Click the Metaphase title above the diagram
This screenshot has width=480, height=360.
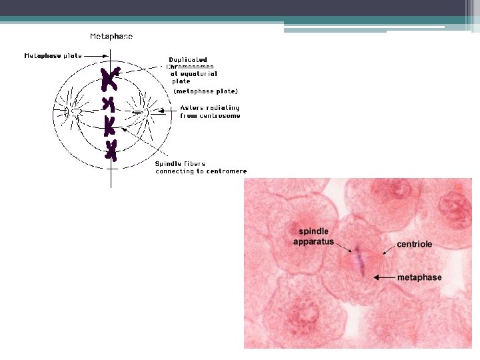coord(111,36)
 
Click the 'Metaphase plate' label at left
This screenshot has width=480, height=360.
coord(53,56)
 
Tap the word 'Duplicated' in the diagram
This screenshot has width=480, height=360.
coord(187,60)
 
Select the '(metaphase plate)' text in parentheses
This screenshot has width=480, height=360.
coord(205,91)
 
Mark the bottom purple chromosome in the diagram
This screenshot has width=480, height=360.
coord(111,150)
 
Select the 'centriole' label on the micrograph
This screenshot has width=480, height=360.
coord(414,244)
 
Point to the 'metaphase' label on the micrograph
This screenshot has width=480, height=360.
coord(419,277)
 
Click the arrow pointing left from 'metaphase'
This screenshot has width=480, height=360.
coord(384,277)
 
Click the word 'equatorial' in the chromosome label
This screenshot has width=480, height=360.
coord(198,74)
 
